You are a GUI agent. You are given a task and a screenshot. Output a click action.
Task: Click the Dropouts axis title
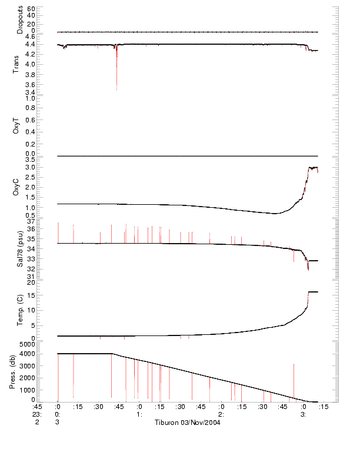click(x=20, y=19)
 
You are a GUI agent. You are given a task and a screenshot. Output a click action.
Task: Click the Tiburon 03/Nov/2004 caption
click(x=188, y=423)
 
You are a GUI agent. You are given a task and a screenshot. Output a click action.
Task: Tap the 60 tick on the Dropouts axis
click(x=31, y=9)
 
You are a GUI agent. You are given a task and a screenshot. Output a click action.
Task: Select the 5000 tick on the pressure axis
click(x=27, y=343)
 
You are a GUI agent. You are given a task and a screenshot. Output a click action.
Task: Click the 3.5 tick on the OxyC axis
click(x=31, y=159)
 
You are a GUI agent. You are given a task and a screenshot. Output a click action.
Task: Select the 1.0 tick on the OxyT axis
click(x=31, y=98)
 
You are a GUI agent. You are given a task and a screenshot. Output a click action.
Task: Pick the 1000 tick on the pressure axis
click(x=27, y=389)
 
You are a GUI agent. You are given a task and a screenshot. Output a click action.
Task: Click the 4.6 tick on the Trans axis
click(x=31, y=36)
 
